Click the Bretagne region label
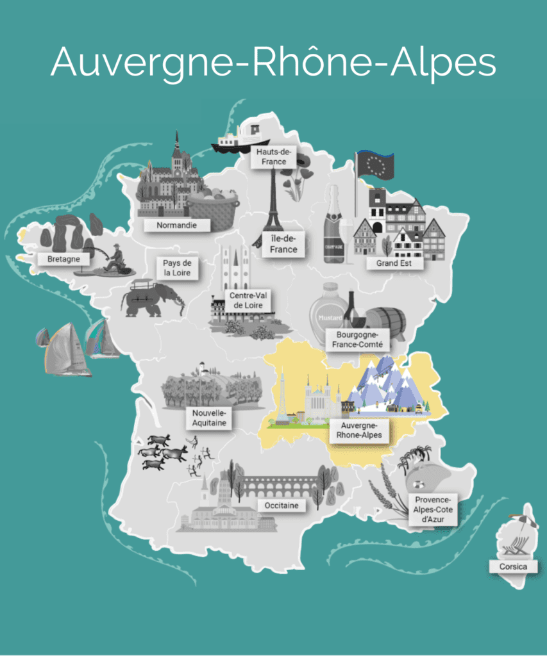(x=63, y=259)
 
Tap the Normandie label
(x=176, y=225)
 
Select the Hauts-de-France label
(x=274, y=156)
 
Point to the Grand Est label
(x=394, y=262)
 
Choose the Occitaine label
(x=280, y=505)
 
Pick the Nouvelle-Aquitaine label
(x=208, y=418)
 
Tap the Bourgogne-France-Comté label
(x=357, y=340)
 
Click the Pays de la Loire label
(x=177, y=268)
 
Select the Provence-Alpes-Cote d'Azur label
(x=433, y=510)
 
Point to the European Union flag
(x=374, y=166)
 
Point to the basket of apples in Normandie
(x=214, y=209)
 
